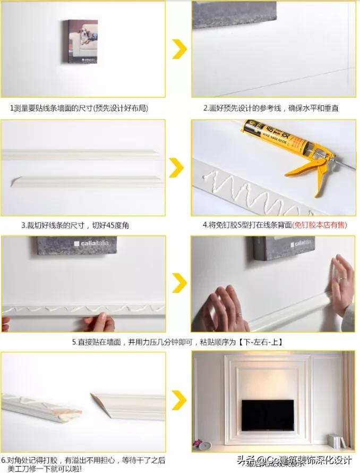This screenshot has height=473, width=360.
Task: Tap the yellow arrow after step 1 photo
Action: click(x=179, y=49)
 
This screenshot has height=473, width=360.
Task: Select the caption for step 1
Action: click(x=79, y=108)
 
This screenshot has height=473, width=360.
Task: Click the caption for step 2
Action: click(x=271, y=108)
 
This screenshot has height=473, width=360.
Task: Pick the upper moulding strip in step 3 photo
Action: click(x=80, y=154)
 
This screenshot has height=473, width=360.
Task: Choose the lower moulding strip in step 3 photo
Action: click(x=88, y=181)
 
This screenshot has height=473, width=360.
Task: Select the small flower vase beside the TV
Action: click(x=199, y=442)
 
